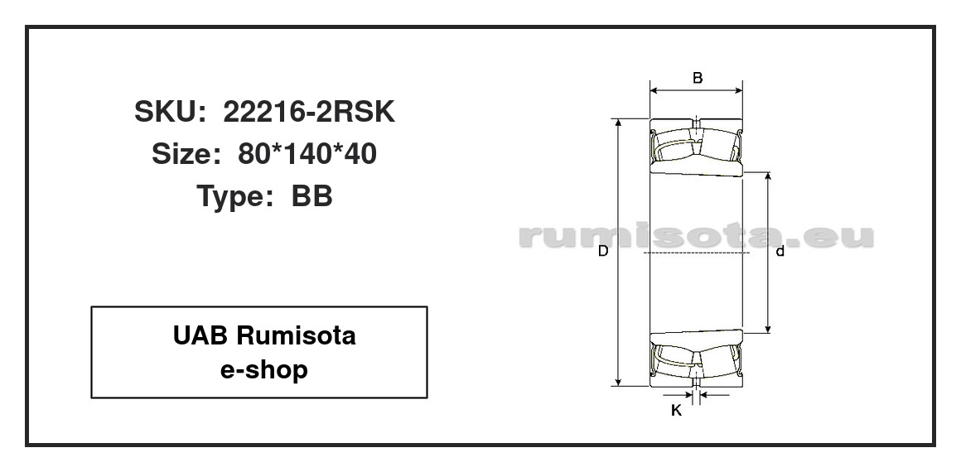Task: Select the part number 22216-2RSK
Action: pos(309,112)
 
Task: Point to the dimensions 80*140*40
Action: pos(307,155)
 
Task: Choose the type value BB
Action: pos(312,197)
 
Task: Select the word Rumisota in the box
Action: pos(296,336)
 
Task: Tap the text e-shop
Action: pos(264,370)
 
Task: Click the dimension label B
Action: pos(698,78)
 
